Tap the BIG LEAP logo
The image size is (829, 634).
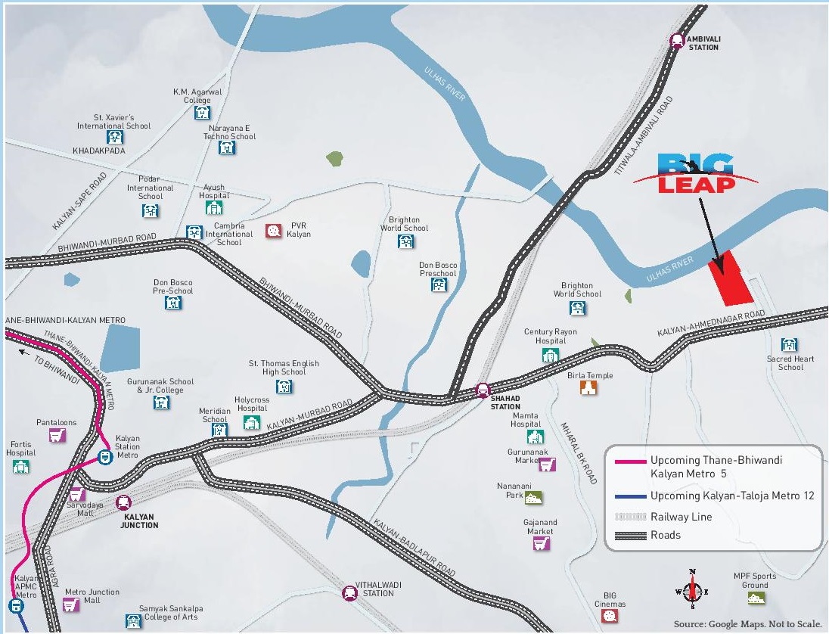pos(696,174)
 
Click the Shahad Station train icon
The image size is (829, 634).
pos(483,390)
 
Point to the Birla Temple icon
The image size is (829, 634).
pos(588,388)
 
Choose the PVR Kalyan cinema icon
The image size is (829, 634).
pos(273,232)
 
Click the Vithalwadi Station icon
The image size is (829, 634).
pos(349,593)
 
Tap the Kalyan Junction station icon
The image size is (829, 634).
pos(123,502)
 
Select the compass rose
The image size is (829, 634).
pos(691,588)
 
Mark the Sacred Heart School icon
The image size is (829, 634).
pos(789,345)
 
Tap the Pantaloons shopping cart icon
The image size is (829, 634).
pos(55,435)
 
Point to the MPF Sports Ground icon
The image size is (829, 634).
pos(753,598)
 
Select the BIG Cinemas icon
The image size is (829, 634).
pos(610,616)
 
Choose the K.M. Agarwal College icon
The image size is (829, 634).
pos(202,113)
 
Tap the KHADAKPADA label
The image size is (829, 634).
pos(99,151)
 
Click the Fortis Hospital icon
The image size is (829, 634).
pos(20,466)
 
